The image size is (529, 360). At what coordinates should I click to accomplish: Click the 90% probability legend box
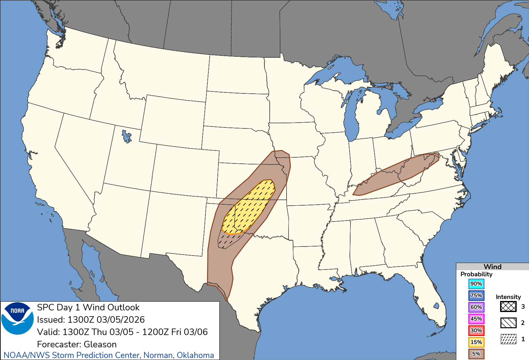[x=476, y=284]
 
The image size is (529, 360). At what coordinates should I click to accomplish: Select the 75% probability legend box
[x=476, y=295]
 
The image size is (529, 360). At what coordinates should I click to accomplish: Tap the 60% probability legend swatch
[x=476, y=307]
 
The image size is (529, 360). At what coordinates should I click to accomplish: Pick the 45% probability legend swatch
[x=476, y=319]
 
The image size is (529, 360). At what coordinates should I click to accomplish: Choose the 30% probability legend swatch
[x=476, y=330]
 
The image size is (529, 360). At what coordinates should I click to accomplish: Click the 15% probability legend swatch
[x=476, y=342]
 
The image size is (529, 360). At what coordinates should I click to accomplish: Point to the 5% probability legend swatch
[x=476, y=354]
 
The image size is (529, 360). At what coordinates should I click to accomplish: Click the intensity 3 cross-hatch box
[x=508, y=306]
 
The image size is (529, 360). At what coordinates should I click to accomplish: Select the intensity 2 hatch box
[x=508, y=323]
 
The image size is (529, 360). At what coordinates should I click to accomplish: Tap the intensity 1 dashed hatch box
[x=508, y=339]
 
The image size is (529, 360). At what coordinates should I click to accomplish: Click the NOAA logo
[x=18, y=318]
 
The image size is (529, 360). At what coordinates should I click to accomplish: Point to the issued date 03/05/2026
[x=120, y=320]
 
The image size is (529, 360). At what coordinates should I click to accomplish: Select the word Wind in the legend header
[x=492, y=267]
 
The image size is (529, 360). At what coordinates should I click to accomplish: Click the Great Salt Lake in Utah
[x=126, y=136]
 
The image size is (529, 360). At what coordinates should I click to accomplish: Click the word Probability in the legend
[x=476, y=274]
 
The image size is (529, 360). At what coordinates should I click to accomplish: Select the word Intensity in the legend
[x=508, y=297]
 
